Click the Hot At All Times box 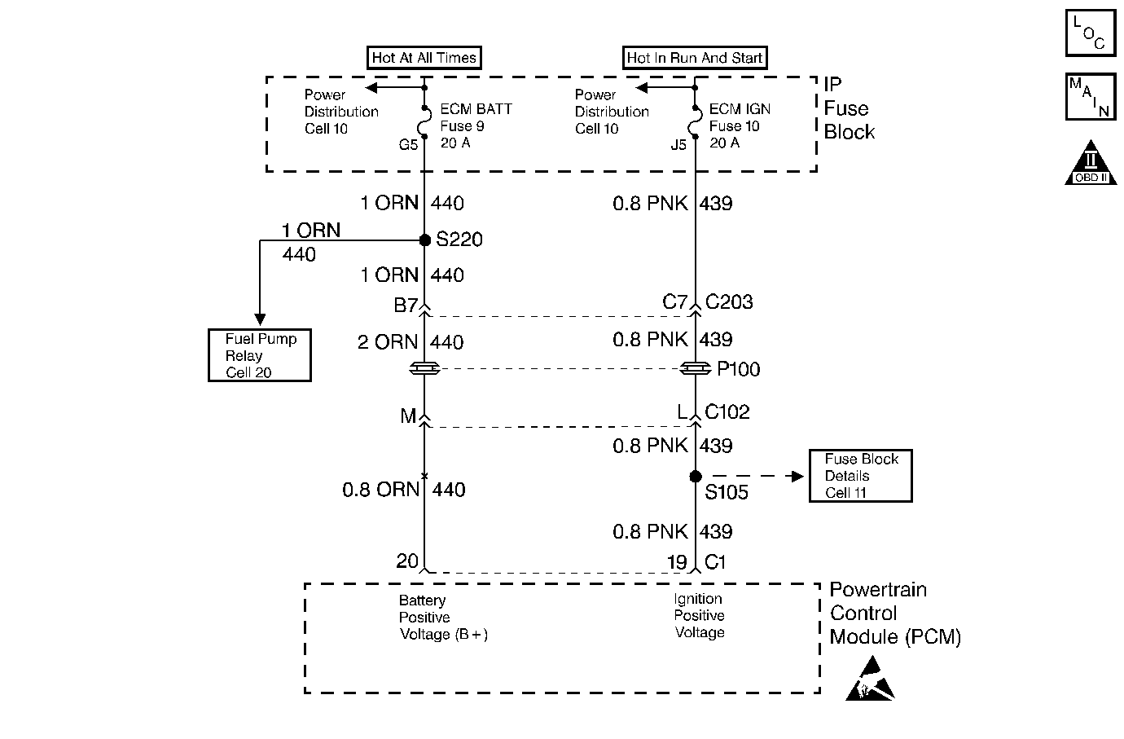click(424, 58)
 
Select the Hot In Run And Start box click(695, 58)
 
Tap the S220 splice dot click(425, 240)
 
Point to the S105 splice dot click(696, 476)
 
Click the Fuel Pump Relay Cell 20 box click(260, 355)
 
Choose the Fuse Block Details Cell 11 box click(861, 476)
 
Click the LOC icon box click(1091, 33)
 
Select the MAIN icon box click(1091, 96)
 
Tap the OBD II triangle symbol click(1091, 163)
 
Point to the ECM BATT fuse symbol click(425, 121)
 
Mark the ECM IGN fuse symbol click(696, 121)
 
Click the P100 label click(738, 369)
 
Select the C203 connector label click(729, 301)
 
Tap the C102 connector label click(727, 411)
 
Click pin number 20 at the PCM click(407, 561)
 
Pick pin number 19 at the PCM click(677, 561)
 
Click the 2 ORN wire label click(388, 342)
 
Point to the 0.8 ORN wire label click(380, 490)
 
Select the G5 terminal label click(408, 145)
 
